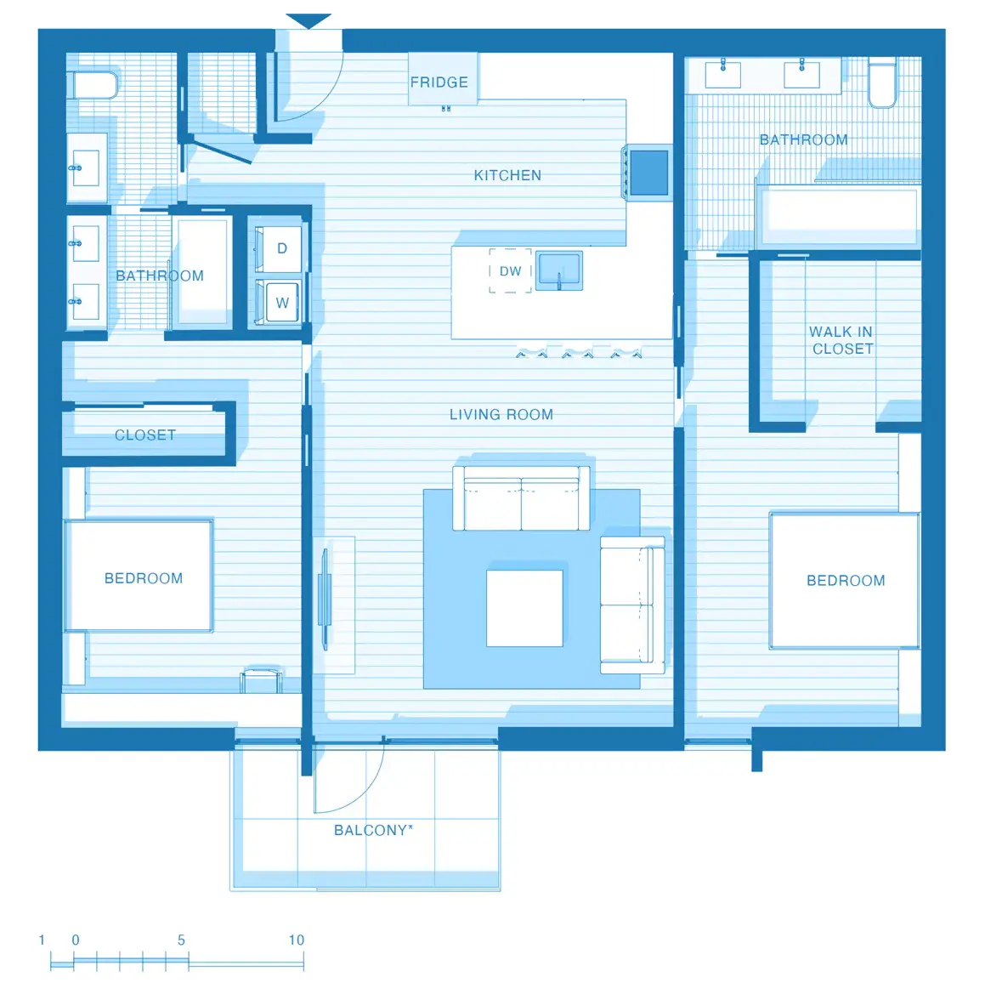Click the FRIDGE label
tap(439, 82)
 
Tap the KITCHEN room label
tap(507, 175)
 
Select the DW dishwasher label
tap(510, 271)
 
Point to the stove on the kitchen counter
tap(648, 173)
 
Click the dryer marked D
tap(281, 248)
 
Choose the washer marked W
tap(281, 302)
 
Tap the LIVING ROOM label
tap(501, 415)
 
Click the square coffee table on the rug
tap(524, 608)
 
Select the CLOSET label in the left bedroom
tap(145, 435)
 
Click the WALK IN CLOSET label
tap(841, 340)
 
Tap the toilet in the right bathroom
tap(882, 83)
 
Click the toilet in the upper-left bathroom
tap(93, 85)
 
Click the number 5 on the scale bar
tap(181, 940)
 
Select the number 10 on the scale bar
tap(296, 940)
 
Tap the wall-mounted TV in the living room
tap(324, 599)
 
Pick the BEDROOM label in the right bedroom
tap(846, 581)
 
